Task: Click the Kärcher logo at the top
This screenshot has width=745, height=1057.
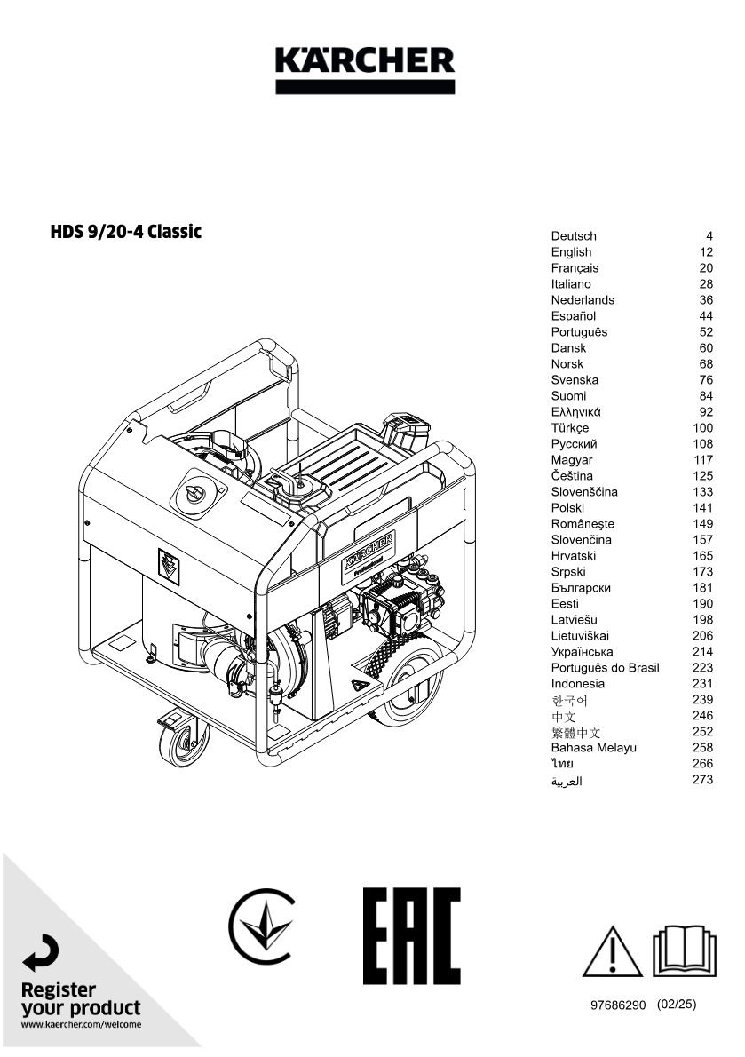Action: [365, 69]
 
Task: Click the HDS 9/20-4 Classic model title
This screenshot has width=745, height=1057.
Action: [126, 231]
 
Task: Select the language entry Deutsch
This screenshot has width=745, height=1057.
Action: [574, 236]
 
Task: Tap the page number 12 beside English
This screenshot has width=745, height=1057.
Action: [706, 252]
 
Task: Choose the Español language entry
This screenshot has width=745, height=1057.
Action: [574, 315]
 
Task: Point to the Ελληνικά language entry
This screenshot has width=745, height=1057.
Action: [576, 412]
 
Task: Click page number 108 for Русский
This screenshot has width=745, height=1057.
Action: [702, 443]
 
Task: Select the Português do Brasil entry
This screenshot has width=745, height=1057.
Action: [605, 667]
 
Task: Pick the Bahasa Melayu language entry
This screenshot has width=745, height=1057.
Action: [593, 748]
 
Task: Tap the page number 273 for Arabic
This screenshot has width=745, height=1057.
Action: [702, 779]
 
